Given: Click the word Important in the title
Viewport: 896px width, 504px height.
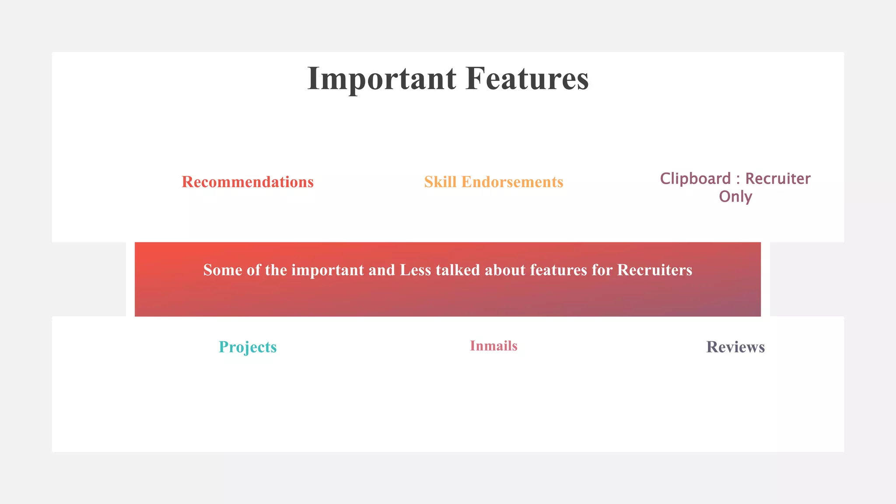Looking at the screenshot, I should coord(381,79).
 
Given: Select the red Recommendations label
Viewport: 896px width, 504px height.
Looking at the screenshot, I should coord(248,182).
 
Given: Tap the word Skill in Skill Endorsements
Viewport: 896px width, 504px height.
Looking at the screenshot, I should coord(440,182).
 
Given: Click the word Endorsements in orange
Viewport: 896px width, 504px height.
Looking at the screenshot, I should coord(512,182).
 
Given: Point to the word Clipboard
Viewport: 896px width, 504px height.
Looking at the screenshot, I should coord(695,178).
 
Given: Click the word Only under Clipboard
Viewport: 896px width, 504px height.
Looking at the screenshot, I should coord(735,196).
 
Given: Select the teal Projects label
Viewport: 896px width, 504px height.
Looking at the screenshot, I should coord(248,347).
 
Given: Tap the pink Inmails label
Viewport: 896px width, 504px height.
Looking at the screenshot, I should coord(493,346).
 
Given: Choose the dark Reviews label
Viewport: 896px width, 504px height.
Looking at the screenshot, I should coord(735,347).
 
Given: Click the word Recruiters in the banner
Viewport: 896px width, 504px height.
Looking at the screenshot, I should coord(654,270).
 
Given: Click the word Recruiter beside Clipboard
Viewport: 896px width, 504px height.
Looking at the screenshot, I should coord(778,178).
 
